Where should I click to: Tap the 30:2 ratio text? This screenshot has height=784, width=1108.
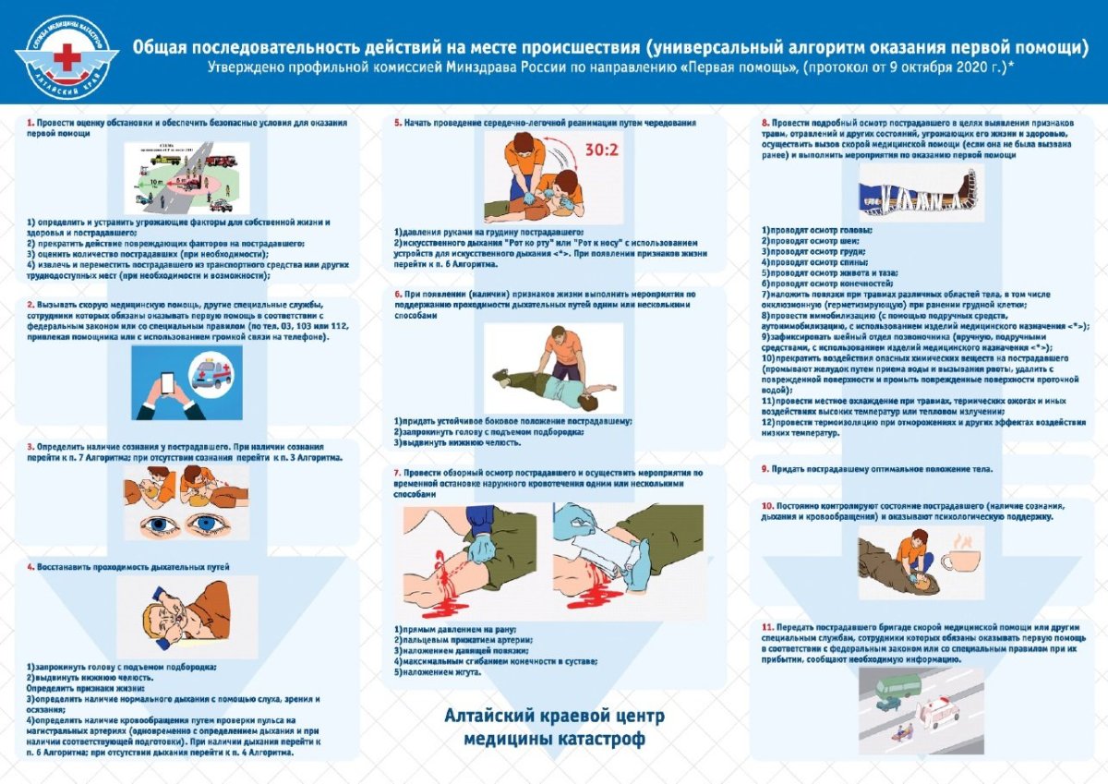tap(604, 149)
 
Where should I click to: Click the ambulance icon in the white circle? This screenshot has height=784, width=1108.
tap(212, 376)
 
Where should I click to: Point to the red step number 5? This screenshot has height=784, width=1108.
tap(397, 122)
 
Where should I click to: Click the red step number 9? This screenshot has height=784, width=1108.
tap(765, 469)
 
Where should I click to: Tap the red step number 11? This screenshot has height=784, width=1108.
tap(766, 627)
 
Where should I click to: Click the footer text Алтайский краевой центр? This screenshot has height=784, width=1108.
tap(554, 717)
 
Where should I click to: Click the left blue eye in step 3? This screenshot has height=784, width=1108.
tap(153, 525)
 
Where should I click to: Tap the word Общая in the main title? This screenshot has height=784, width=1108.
tap(158, 48)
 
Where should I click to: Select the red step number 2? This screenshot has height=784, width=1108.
tap(30, 305)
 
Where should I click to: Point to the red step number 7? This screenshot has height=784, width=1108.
tap(396, 472)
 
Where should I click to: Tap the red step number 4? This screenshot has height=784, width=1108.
tap(30, 566)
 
